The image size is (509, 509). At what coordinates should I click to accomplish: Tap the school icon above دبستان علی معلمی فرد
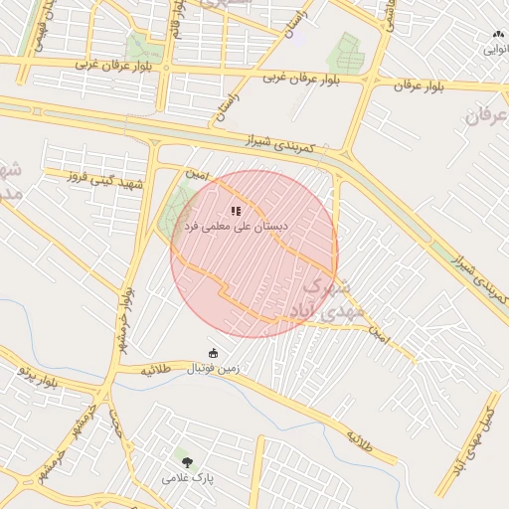(236, 211)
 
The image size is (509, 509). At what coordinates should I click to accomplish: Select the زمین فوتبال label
(214, 369)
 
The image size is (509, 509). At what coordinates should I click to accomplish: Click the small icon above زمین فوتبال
(213, 353)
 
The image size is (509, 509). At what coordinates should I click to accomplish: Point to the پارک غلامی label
(188, 478)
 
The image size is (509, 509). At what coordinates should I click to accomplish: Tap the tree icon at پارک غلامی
(186, 461)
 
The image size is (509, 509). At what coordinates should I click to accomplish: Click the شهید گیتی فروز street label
(105, 181)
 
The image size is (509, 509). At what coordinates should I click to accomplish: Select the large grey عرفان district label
(484, 115)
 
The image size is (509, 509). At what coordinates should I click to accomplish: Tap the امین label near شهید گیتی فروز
(199, 174)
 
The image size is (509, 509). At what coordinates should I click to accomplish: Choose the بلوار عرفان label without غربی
(417, 86)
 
